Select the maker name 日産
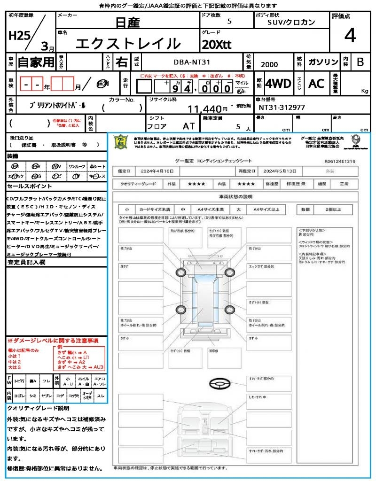click(128, 22)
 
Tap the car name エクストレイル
click(128, 44)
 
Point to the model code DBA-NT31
click(192, 62)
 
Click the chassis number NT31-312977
click(282, 108)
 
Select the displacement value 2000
click(269, 65)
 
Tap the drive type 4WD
click(278, 84)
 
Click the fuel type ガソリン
click(323, 62)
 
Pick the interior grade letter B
click(360, 62)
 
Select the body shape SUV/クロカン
click(291, 22)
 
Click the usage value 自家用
click(36, 62)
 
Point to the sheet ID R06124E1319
click(340, 161)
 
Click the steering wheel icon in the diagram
click(220, 384)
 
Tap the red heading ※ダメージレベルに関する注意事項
click(53, 340)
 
